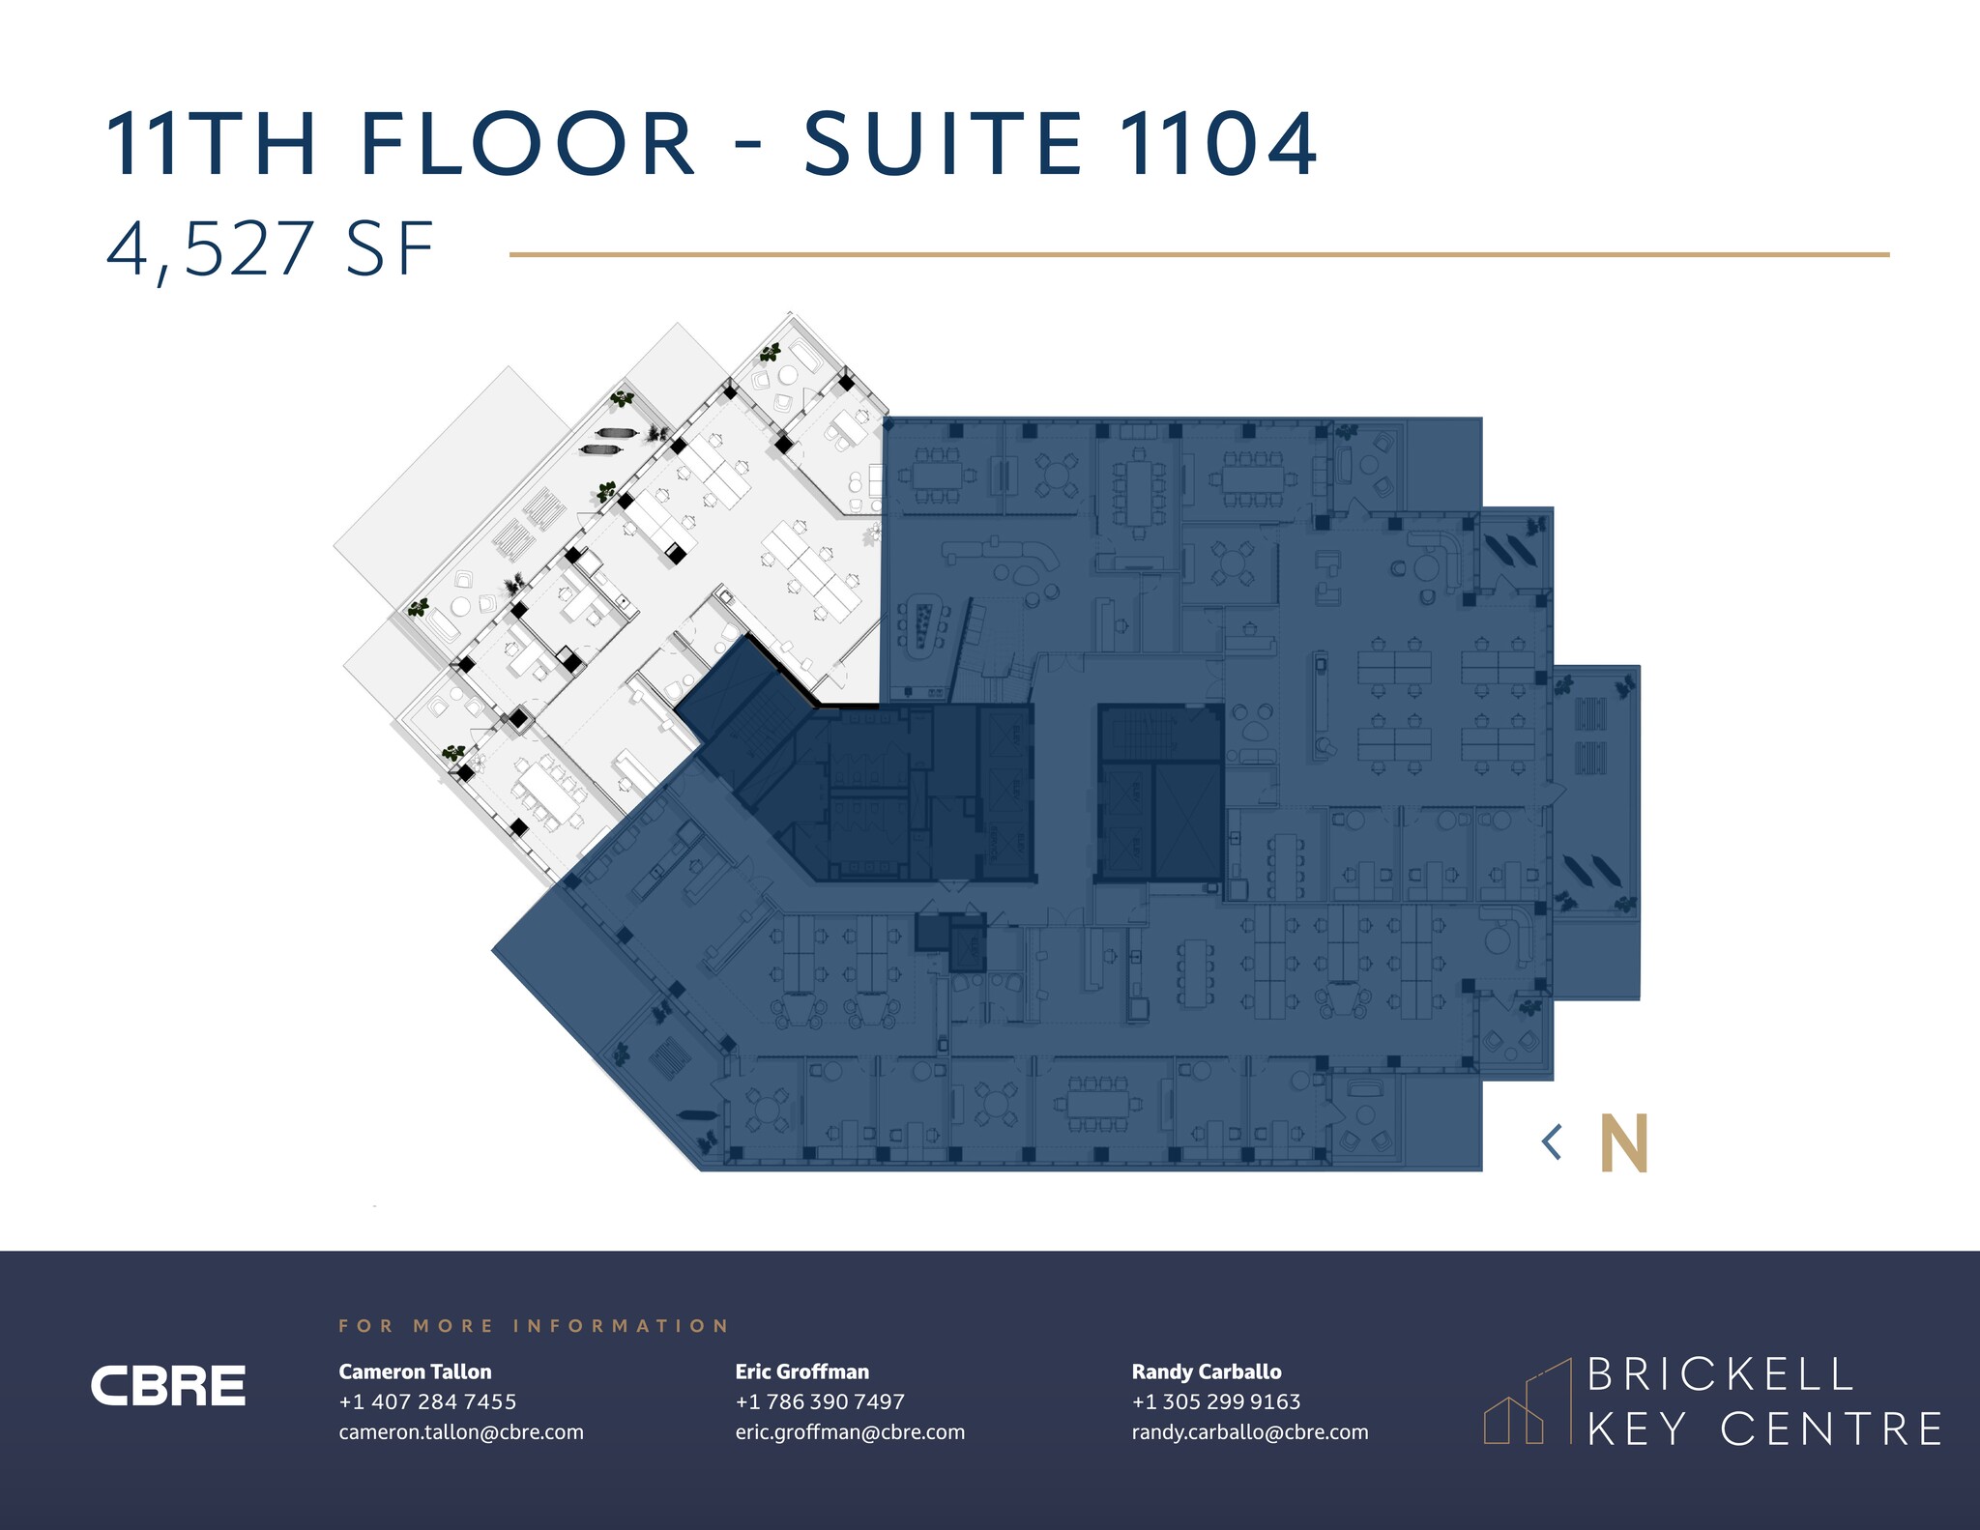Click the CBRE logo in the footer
click(168, 1386)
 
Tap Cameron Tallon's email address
click(461, 1432)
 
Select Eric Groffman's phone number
click(820, 1401)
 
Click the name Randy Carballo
click(1207, 1371)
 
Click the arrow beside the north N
click(1552, 1142)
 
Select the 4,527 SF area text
click(270, 249)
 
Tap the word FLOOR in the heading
click(527, 145)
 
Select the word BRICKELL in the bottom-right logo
click(1720, 1374)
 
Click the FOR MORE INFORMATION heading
click(534, 1326)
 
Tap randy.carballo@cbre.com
click(1250, 1432)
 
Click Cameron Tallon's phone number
click(427, 1401)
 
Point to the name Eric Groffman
click(802, 1371)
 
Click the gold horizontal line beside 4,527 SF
click(1199, 255)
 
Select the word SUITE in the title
click(943, 145)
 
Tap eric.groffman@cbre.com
click(850, 1432)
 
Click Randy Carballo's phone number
click(1216, 1401)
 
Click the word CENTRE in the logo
click(1832, 1429)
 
